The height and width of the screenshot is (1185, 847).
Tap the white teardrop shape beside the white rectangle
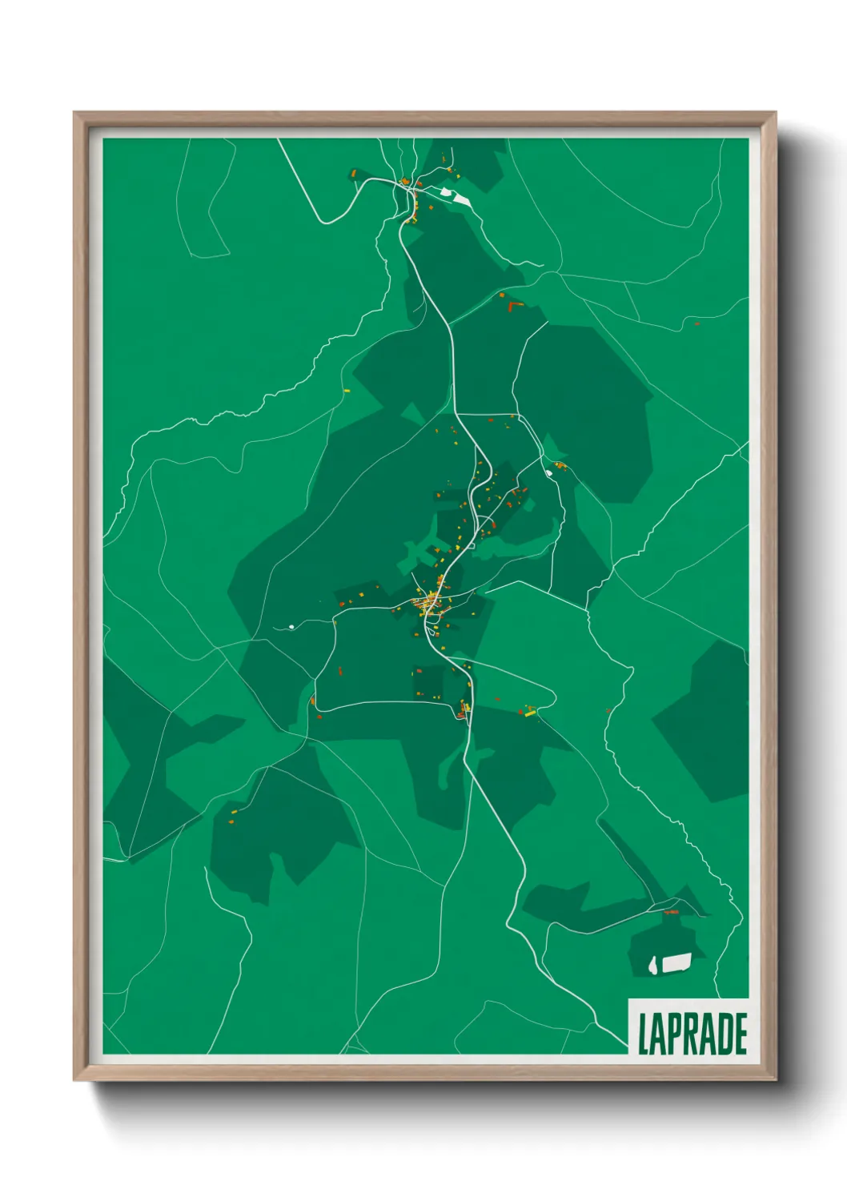pos(653,966)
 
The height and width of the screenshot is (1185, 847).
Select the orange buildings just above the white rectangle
pos(671,912)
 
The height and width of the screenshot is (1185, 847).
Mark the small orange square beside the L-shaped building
pos(503,295)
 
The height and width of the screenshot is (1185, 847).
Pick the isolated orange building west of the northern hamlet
pos(353,172)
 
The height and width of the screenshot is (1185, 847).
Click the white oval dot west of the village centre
pos(291,626)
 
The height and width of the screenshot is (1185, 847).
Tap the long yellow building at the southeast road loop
pos(529,712)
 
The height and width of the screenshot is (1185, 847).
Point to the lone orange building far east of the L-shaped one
pos(696,323)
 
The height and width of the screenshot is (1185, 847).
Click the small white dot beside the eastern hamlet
pos(548,472)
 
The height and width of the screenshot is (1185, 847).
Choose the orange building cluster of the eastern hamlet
pos(560,465)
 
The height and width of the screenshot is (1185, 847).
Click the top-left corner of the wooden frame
pos(75,114)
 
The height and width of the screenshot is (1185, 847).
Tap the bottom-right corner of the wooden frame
pos(775,1079)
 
